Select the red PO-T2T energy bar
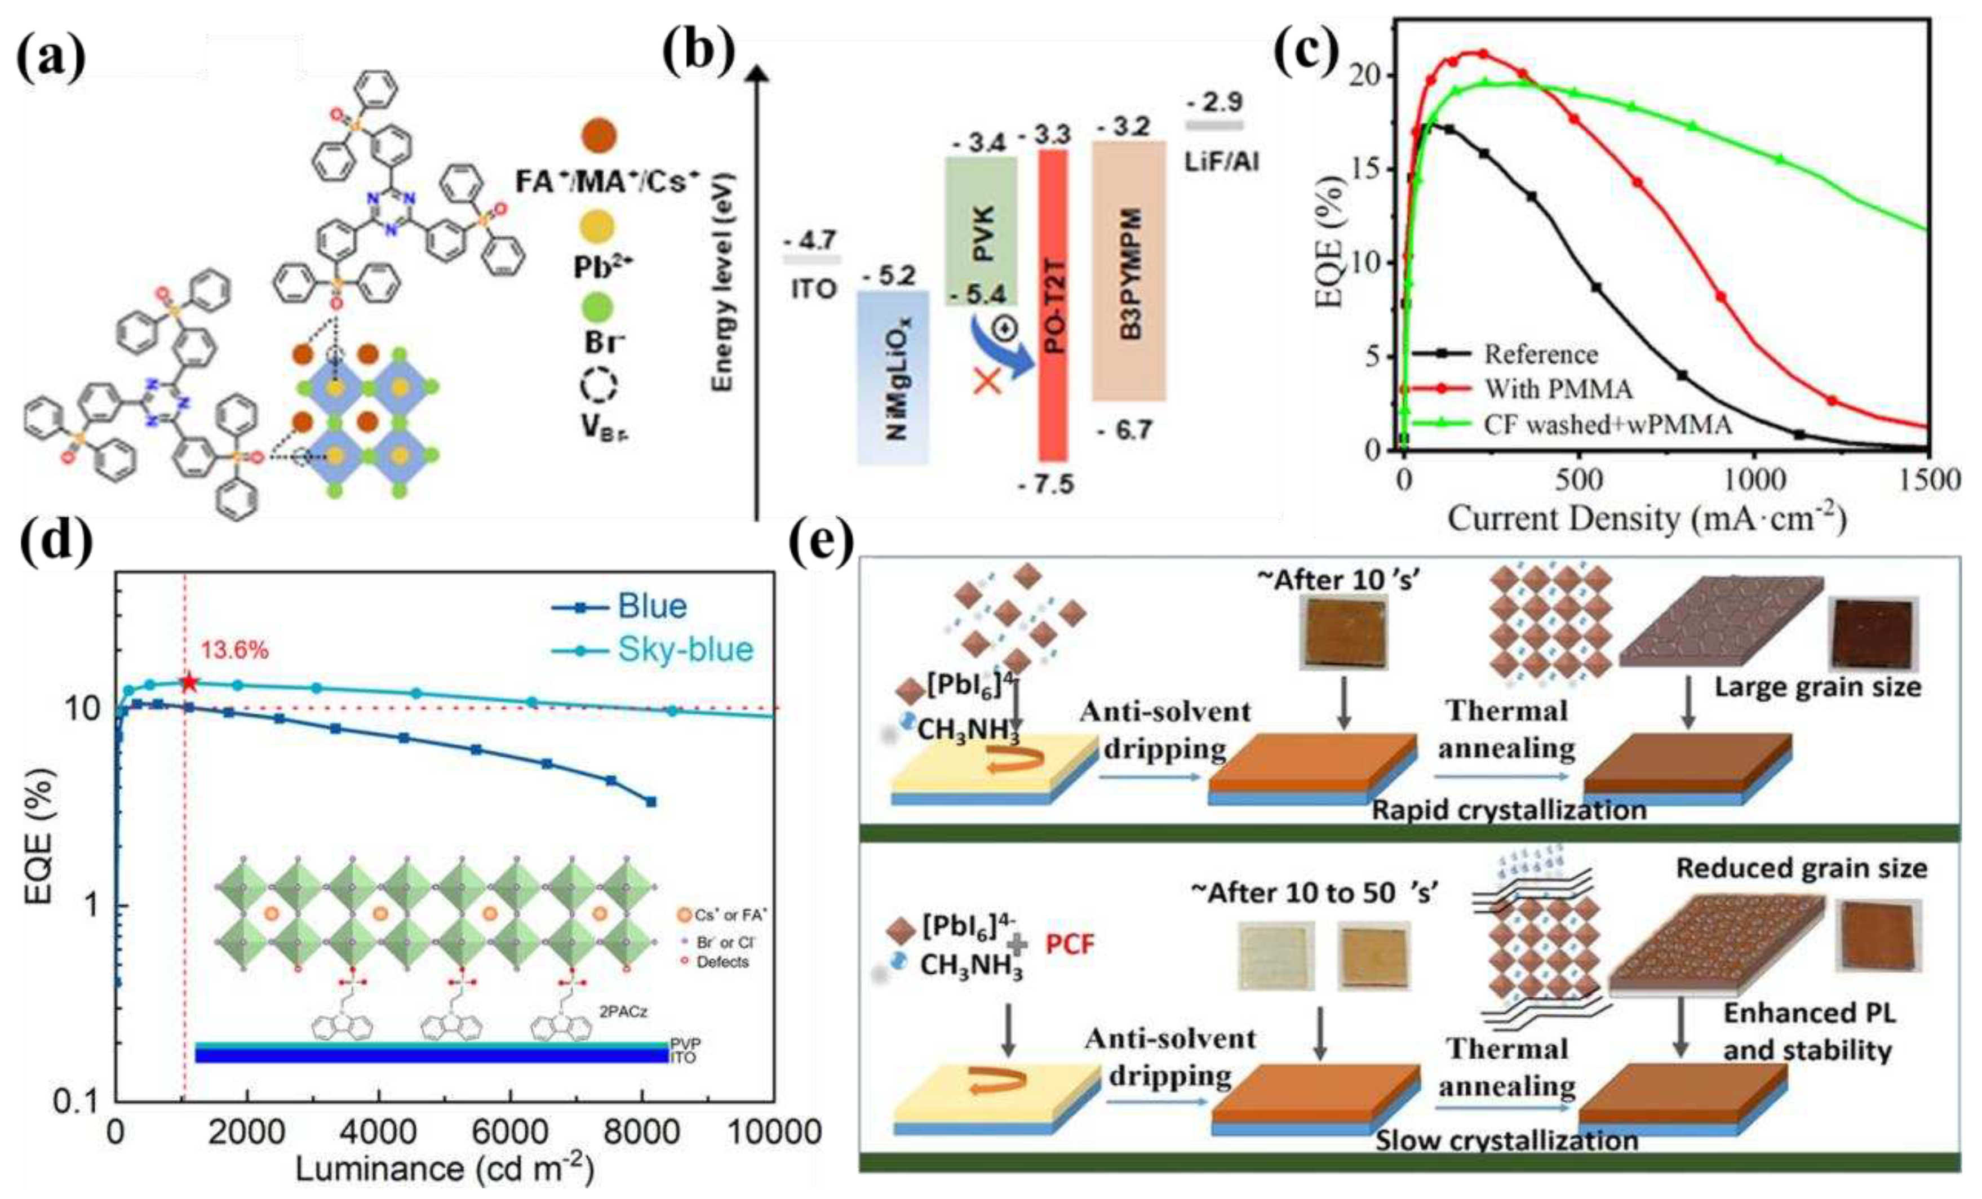(x=1053, y=305)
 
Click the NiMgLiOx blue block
(x=893, y=376)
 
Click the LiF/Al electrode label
(x=1221, y=161)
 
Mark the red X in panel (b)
(x=987, y=380)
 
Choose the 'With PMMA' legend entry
(x=1557, y=389)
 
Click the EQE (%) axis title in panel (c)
(x=1331, y=241)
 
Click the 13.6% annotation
(x=234, y=650)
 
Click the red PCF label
(x=1070, y=943)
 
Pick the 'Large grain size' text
(x=1817, y=687)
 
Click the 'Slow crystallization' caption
(x=1506, y=1140)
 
